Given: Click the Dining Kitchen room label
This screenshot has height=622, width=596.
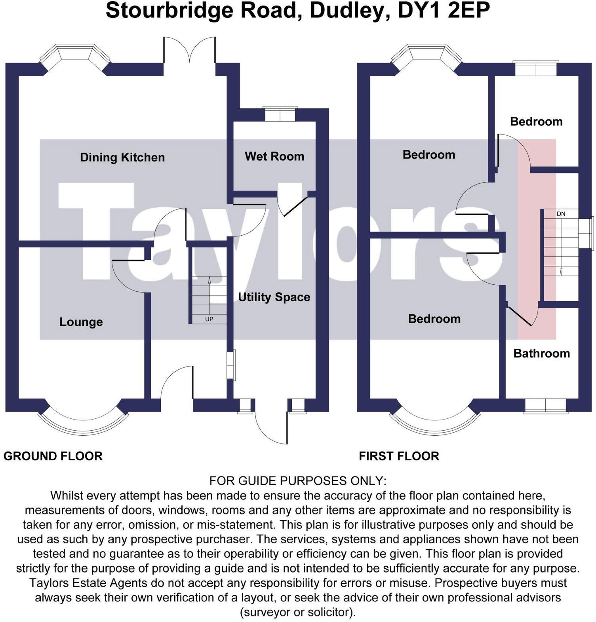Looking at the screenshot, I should [x=122, y=157].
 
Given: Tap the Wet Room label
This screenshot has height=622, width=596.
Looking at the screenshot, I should [x=274, y=156].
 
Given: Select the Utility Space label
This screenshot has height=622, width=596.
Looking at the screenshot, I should [x=274, y=297].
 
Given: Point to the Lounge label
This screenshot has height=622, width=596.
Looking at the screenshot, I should [x=81, y=322].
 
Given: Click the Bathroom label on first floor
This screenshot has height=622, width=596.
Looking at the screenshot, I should [x=541, y=353].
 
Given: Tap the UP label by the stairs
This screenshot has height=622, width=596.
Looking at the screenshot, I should [x=209, y=319].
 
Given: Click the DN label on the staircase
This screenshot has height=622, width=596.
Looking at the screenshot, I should [x=561, y=214].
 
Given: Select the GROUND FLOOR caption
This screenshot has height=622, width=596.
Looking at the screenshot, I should [x=53, y=456].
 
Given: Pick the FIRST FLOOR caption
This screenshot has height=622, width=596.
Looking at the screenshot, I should [x=399, y=456].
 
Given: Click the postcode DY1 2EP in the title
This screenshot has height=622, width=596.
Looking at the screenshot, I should [x=444, y=11].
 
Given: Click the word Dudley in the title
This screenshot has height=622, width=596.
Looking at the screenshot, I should [x=347, y=11].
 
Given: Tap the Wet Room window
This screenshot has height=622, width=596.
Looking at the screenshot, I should [x=280, y=114].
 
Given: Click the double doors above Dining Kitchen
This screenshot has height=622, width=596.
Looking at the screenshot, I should [x=190, y=51].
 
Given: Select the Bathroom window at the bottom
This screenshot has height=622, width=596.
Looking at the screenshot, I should [x=545, y=406].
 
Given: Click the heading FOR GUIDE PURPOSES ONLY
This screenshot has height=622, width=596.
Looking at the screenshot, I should [x=297, y=481].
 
